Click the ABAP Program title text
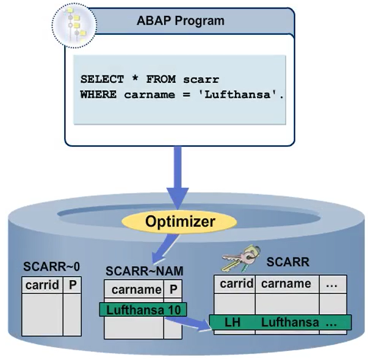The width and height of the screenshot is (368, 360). pyautogui.click(x=180, y=21)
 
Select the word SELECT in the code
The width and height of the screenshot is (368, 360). pyautogui.click(x=100, y=79)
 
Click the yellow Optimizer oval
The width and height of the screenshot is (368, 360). pyautogui.click(x=180, y=221)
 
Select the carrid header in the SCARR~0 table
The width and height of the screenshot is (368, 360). pyautogui.click(x=42, y=285)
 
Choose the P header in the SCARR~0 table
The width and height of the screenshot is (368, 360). pyautogui.click(x=71, y=285)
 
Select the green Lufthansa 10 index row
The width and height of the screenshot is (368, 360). pyautogui.click(x=143, y=309)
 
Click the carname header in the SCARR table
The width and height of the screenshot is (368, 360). pyautogui.click(x=286, y=284)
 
